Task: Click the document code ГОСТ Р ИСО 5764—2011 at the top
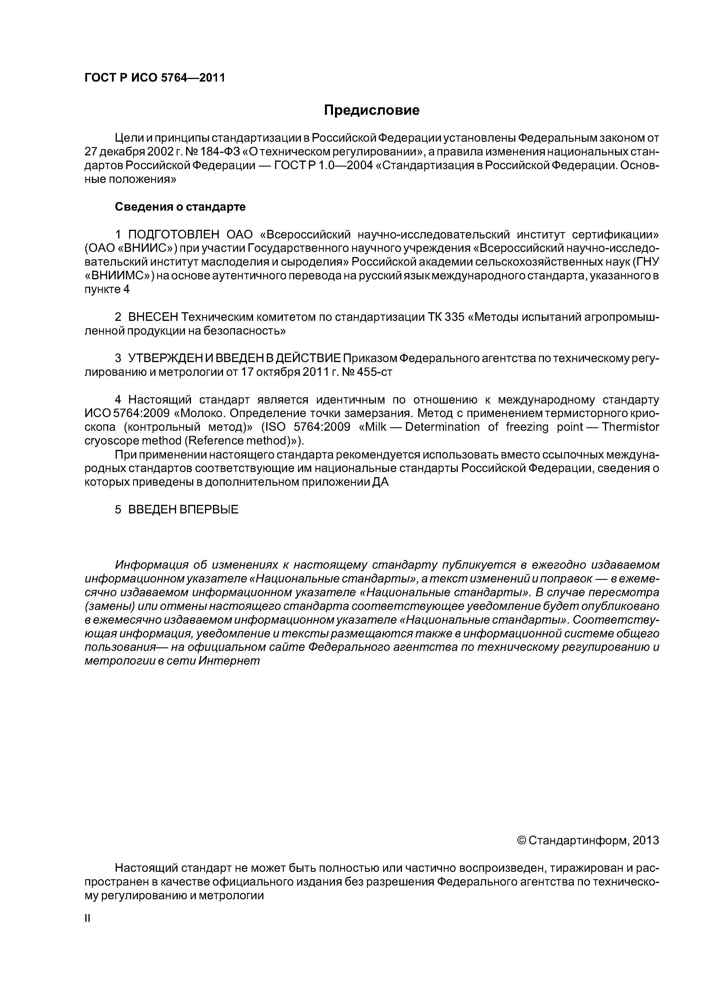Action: coord(154,78)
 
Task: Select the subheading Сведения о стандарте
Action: coord(180,207)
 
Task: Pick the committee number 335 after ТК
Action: coord(454,317)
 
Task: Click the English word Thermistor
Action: coord(630,427)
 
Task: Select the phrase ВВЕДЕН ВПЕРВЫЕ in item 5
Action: coord(183,509)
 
